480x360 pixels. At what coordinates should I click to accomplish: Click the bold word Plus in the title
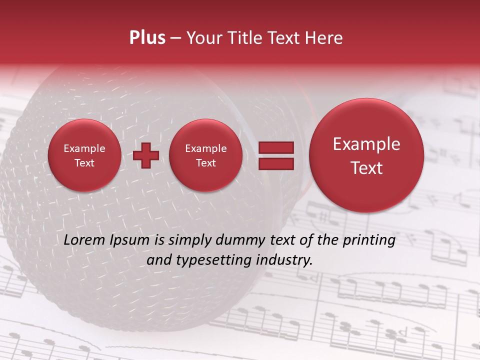(x=147, y=38)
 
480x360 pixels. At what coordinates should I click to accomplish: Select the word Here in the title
(x=325, y=38)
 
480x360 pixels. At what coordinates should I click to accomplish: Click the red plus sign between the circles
(x=146, y=155)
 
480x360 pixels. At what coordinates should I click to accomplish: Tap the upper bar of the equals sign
(x=275, y=147)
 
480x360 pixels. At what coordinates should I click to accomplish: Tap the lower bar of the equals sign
(x=275, y=163)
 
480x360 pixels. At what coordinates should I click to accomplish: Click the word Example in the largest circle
(x=366, y=144)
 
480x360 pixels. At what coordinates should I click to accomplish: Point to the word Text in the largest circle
(x=366, y=168)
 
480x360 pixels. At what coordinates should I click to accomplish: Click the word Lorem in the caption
(x=84, y=240)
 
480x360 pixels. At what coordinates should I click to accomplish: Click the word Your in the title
(x=202, y=38)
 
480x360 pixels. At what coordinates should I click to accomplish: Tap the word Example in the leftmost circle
(x=84, y=148)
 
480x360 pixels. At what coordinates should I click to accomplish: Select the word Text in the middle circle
(x=205, y=163)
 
